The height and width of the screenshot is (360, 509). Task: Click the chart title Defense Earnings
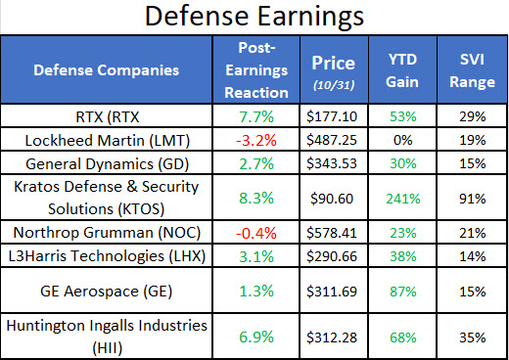click(x=254, y=18)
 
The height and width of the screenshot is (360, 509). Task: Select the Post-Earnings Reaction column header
click(x=264, y=69)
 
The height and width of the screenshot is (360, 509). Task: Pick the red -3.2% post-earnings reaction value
click(x=264, y=139)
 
